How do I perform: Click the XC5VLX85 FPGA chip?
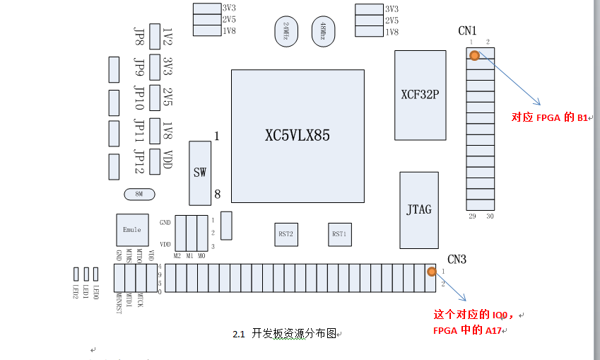(298, 136)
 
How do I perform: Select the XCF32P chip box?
(420, 95)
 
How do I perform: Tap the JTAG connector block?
(419, 210)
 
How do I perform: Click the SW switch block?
(200, 173)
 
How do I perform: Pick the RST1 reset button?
(341, 234)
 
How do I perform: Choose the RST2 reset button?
(286, 234)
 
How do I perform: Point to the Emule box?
(132, 230)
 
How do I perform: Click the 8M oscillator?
(137, 194)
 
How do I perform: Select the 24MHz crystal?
(286, 33)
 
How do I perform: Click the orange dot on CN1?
(475, 55)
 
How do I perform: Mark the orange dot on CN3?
(430, 271)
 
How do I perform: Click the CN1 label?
(467, 31)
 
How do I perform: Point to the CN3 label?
(457, 260)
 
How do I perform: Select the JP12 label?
(139, 161)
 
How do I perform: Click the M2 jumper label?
(177, 255)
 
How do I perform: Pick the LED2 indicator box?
(76, 274)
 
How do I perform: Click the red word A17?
(493, 330)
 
